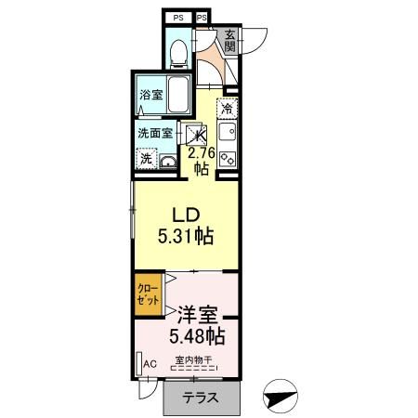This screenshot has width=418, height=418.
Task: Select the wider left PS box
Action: click(176, 17)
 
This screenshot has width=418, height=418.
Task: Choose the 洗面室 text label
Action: click(155, 133)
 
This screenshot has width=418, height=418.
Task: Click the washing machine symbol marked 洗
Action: click(146, 159)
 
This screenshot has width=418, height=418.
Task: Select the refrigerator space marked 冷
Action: click(228, 109)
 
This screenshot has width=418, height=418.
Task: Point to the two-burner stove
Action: click(228, 159)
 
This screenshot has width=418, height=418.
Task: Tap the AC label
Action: click(150, 363)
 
